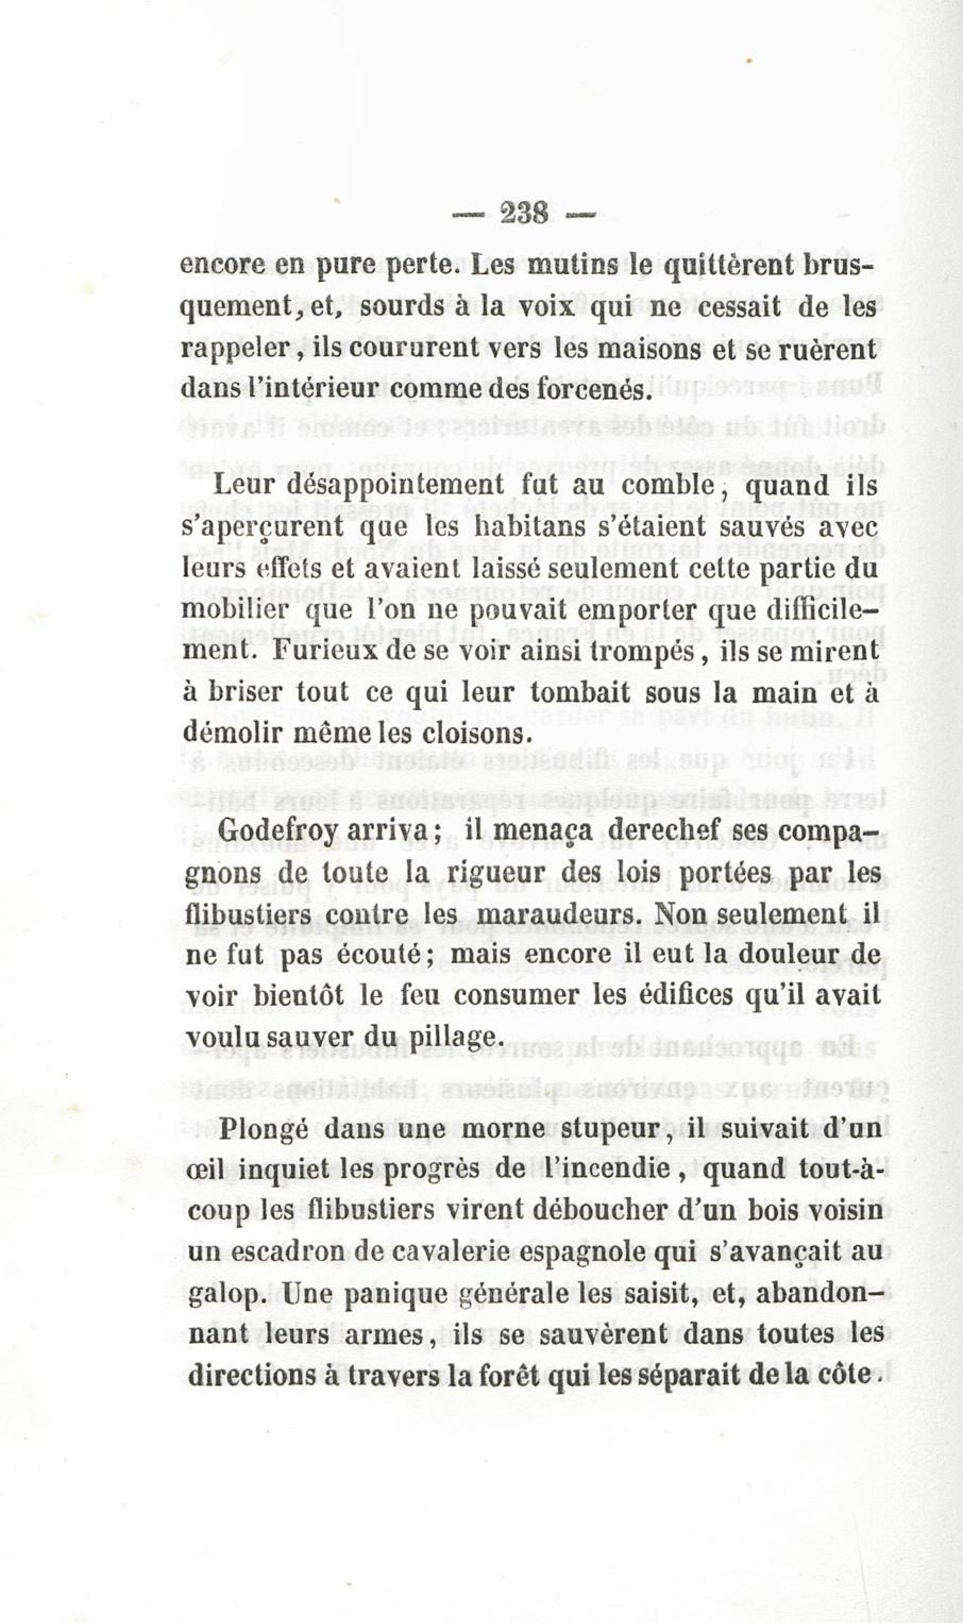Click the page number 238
point(525,213)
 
